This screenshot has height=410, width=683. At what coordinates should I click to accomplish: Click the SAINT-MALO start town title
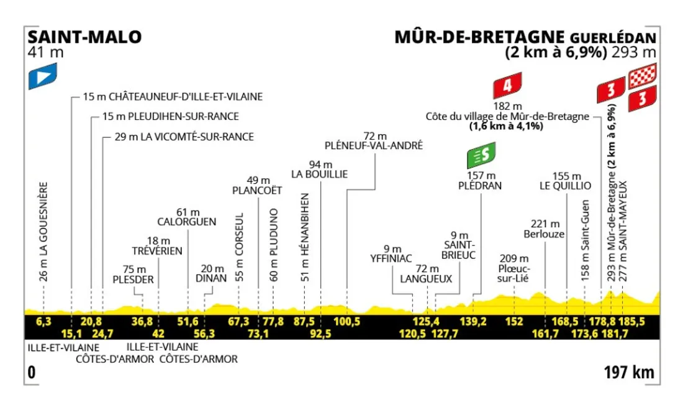click(x=84, y=37)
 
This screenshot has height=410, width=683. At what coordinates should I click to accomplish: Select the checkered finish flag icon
click(x=643, y=78)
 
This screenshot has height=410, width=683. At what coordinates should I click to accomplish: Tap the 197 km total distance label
click(x=629, y=373)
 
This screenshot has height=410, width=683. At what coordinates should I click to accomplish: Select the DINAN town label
click(x=210, y=278)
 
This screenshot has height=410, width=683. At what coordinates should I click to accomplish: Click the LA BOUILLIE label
click(x=320, y=175)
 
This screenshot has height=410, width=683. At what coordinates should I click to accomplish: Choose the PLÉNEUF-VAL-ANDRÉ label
click(x=374, y=145)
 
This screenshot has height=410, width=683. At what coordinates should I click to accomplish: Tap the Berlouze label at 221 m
click(x=546, y=234)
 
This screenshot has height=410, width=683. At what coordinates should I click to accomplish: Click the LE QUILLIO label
click(x=566, y=185)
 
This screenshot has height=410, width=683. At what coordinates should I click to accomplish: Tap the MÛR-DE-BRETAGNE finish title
click(x=479, y=37)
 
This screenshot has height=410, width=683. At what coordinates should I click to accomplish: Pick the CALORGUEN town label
click(x=187, y=221)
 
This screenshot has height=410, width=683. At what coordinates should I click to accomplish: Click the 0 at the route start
click(x=30, y=373)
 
